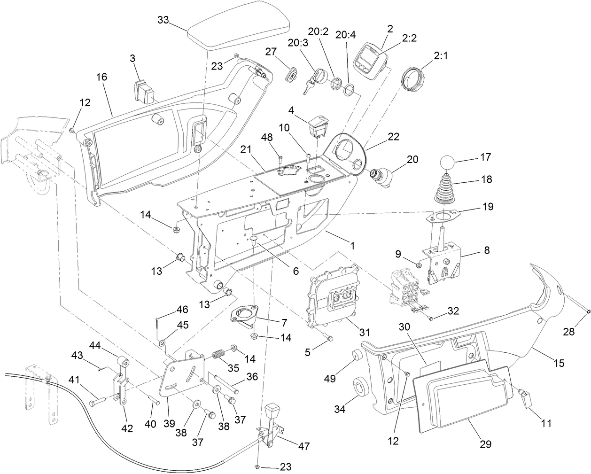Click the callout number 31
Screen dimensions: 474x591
pos(362,333)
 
